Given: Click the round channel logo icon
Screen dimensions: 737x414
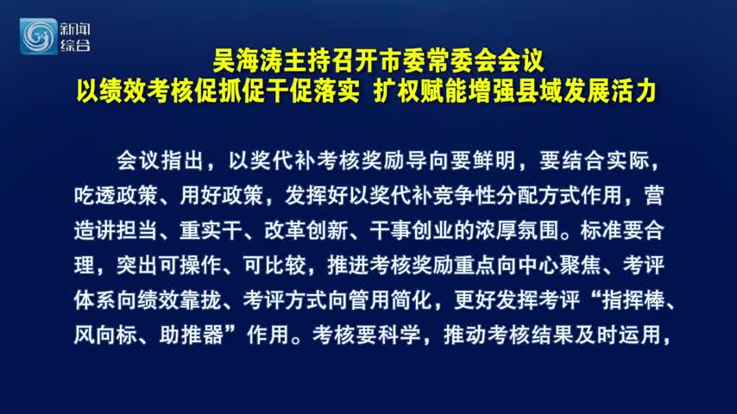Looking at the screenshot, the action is pos(38,36).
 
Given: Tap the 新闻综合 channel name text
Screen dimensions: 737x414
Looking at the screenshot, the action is pos(75,37).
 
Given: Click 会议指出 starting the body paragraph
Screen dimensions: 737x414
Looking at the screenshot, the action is pos(160,160).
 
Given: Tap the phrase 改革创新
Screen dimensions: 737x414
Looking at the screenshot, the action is pos(306,230).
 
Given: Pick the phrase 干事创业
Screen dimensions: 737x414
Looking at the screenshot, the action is pos(412,230).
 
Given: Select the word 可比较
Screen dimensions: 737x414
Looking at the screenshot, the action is pos(275,265).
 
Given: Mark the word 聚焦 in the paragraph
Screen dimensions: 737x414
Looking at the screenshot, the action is pos(581,265).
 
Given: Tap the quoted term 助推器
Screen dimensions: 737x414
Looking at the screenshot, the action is pos(191,335).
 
